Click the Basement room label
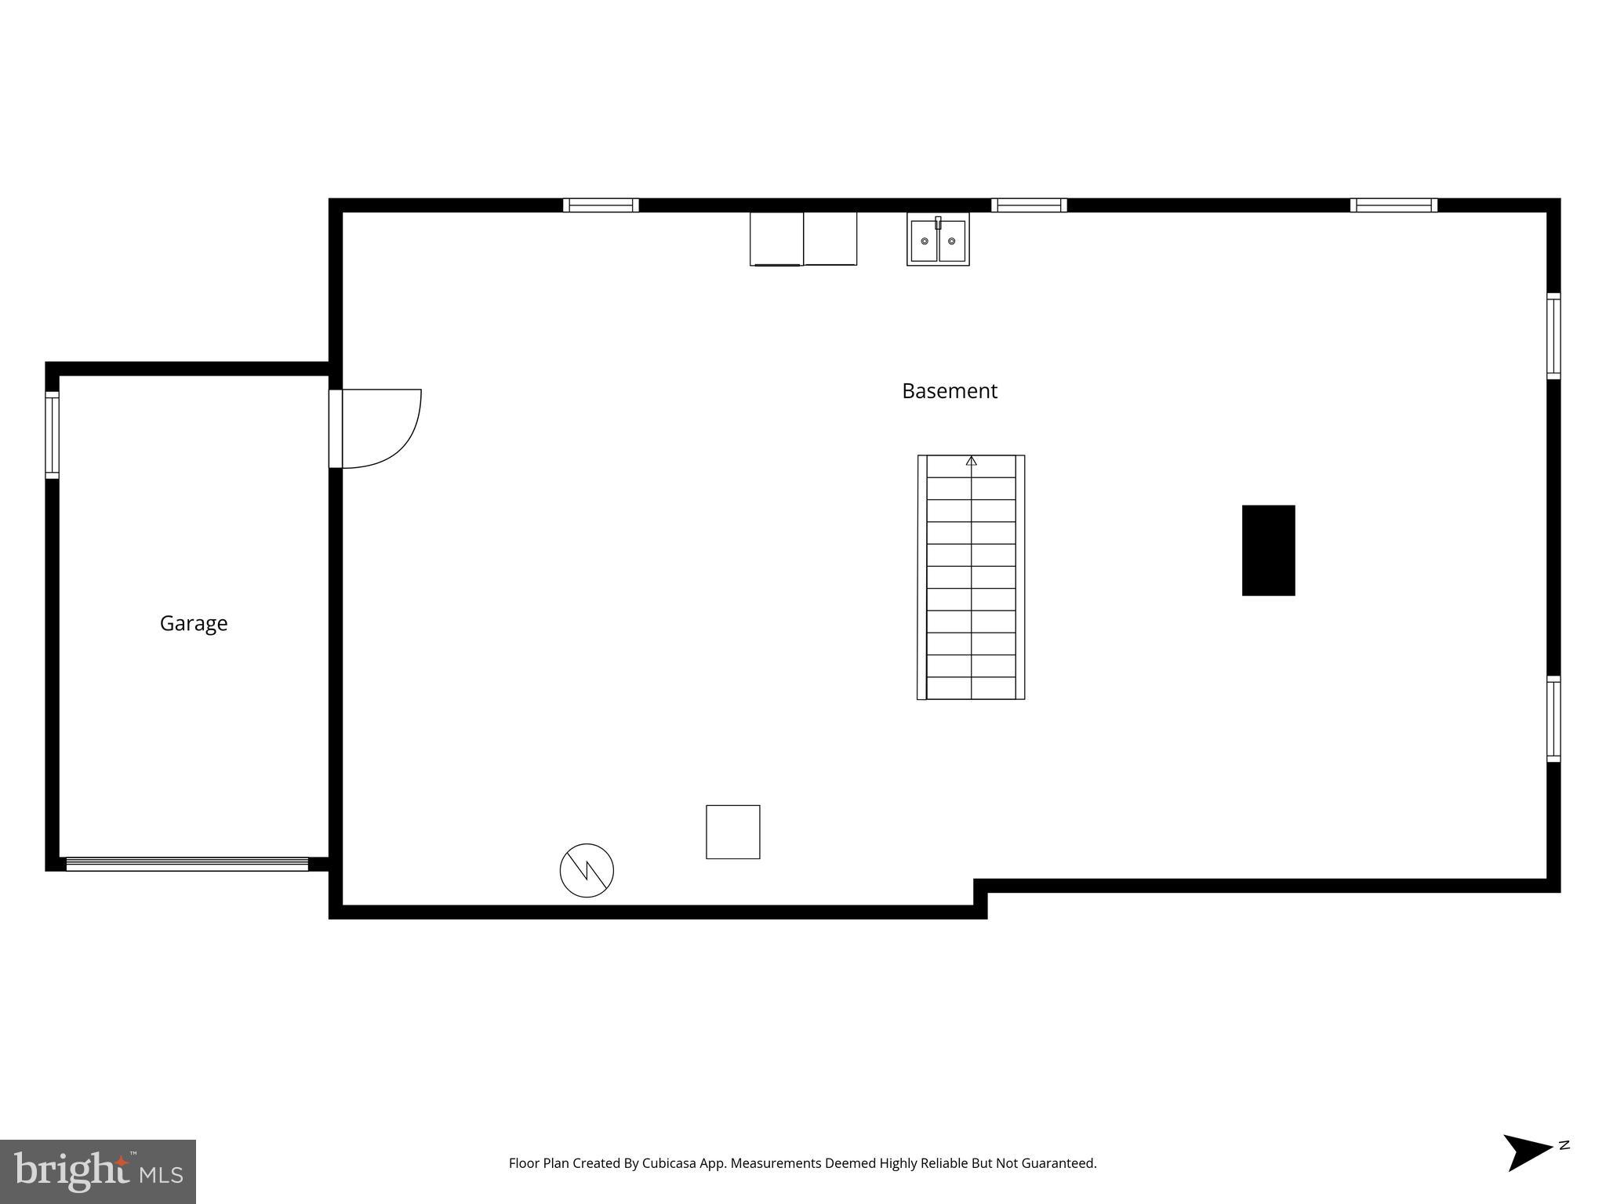click(949, 391)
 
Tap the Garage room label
click(194, 623)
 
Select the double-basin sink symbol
click(938, 239)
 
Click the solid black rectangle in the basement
click(1268, 550)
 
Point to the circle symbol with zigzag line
click(587, 870)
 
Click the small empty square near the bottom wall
click(732, 832)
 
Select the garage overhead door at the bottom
click(187, 864)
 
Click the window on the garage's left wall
click(52, 434)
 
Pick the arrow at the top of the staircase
click(971, 461)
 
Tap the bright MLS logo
click(98, 1172)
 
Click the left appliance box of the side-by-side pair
click(776, 238)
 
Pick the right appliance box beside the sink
click(830, 238)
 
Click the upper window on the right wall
click(1553, 335)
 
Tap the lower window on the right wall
click(1553, 719)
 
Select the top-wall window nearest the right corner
click(1393, 205)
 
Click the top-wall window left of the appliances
click(601, 205)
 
